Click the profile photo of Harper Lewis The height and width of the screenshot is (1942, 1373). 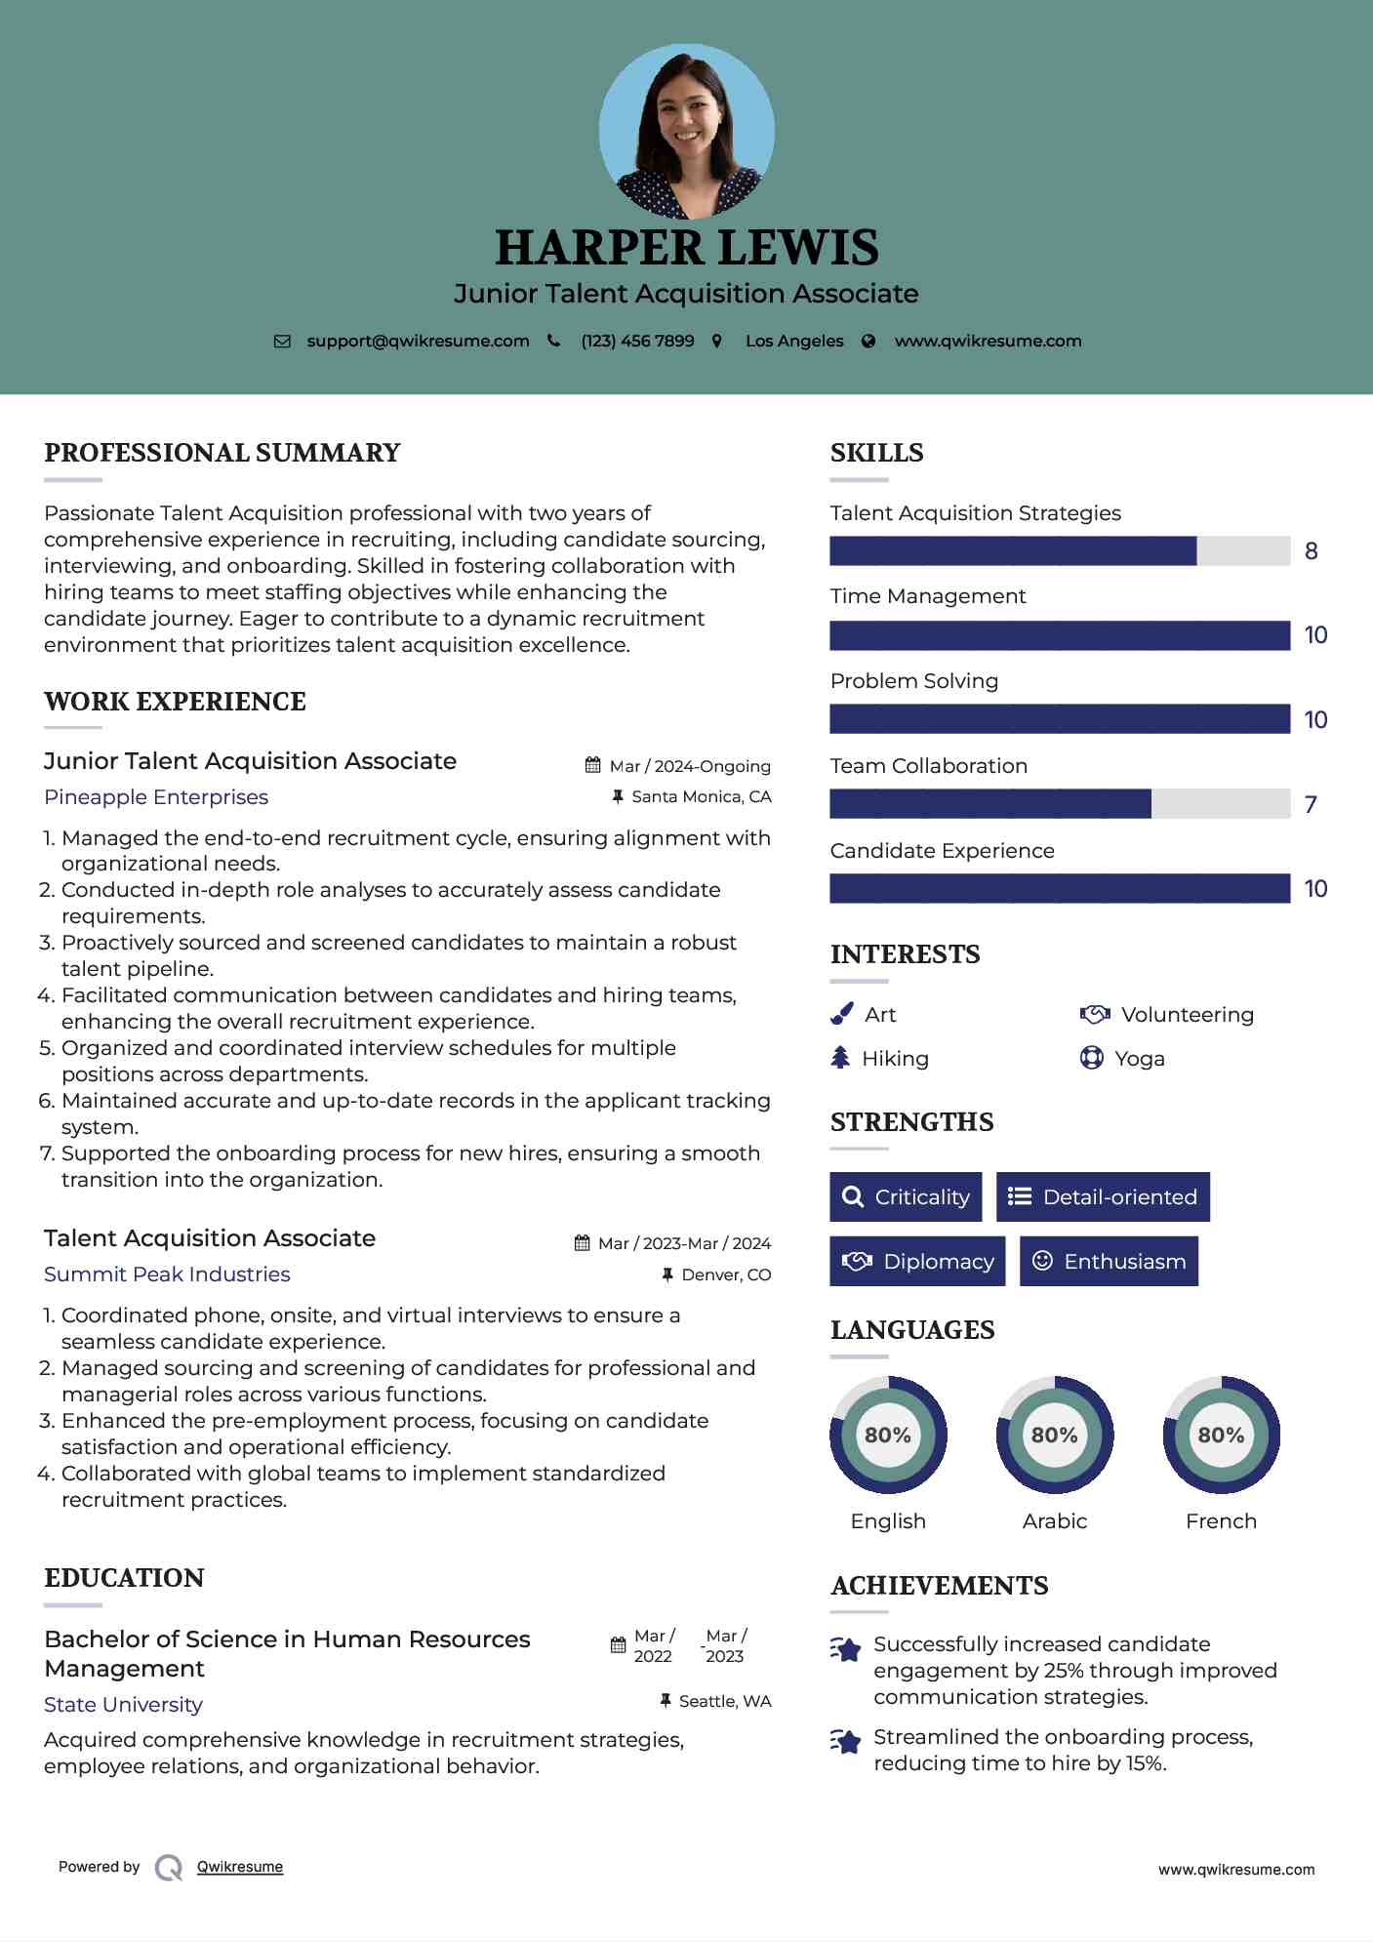[686, 131]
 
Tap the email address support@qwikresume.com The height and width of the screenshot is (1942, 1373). [418, 342]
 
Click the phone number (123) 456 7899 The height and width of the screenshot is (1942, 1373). [637, 342]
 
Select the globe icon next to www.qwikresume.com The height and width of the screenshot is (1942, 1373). [868, 342]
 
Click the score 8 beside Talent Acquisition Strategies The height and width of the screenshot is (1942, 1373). [1311, 551]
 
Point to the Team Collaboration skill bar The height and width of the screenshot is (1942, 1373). [1059, 804]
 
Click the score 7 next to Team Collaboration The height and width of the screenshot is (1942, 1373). [1311, 805]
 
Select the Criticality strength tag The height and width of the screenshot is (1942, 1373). [906, 1197]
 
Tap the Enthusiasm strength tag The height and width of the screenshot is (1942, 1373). [1109, 1262]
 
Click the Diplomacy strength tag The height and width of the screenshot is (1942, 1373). [917, 1262]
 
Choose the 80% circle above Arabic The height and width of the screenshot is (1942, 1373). [1054, 1435]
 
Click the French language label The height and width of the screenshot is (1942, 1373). [1221, 1521]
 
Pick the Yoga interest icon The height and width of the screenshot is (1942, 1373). [1091, 1058]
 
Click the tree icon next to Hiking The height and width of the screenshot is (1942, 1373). [840, 1058]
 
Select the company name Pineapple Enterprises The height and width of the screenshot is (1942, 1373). [156, 797]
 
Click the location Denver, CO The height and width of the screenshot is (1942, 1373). [726, 1275]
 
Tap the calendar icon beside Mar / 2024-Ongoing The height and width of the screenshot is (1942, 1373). [592, 766]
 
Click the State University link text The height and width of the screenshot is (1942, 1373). [123, 1705]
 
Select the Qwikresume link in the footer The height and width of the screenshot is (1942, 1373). [240, 1867]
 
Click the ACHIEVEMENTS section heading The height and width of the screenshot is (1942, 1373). [939, 1586]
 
